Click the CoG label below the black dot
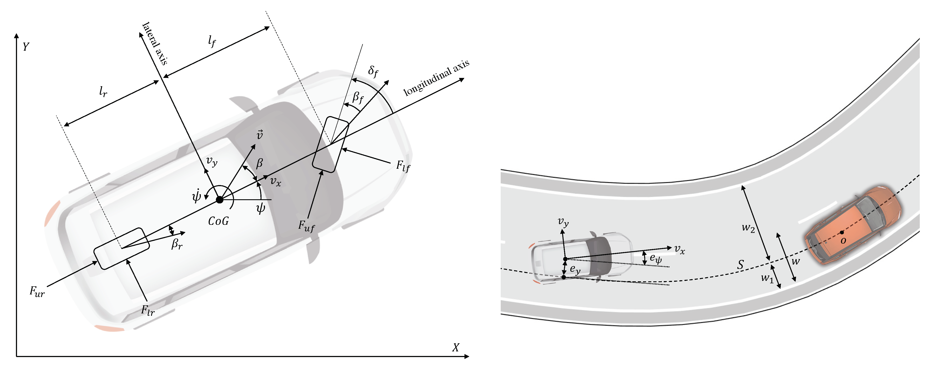(x=218, y=221)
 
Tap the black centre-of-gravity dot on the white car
(x=219, y=200)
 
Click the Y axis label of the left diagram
(x=26, y=47)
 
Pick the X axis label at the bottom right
(x=456, y=347)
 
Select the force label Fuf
(x=306, y=226)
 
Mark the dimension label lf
(x=212, y=42)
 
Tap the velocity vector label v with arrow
(x=260, y=135)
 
